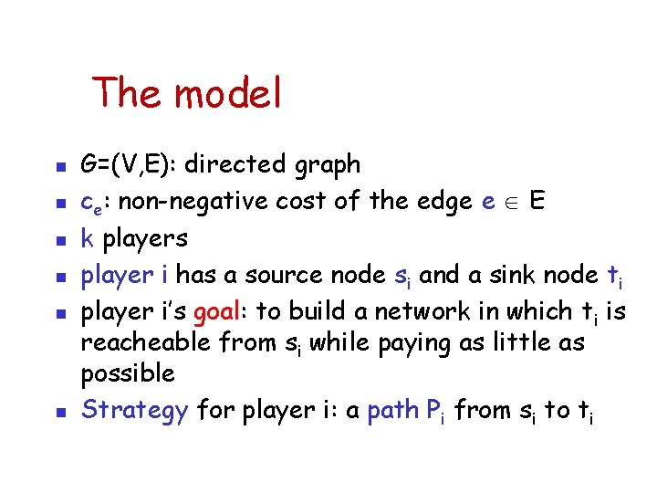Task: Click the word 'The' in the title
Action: coord(128,93)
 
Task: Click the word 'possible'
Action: coord(128,374)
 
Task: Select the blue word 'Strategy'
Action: coord(134,412)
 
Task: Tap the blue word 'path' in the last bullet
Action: coord(393,411)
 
